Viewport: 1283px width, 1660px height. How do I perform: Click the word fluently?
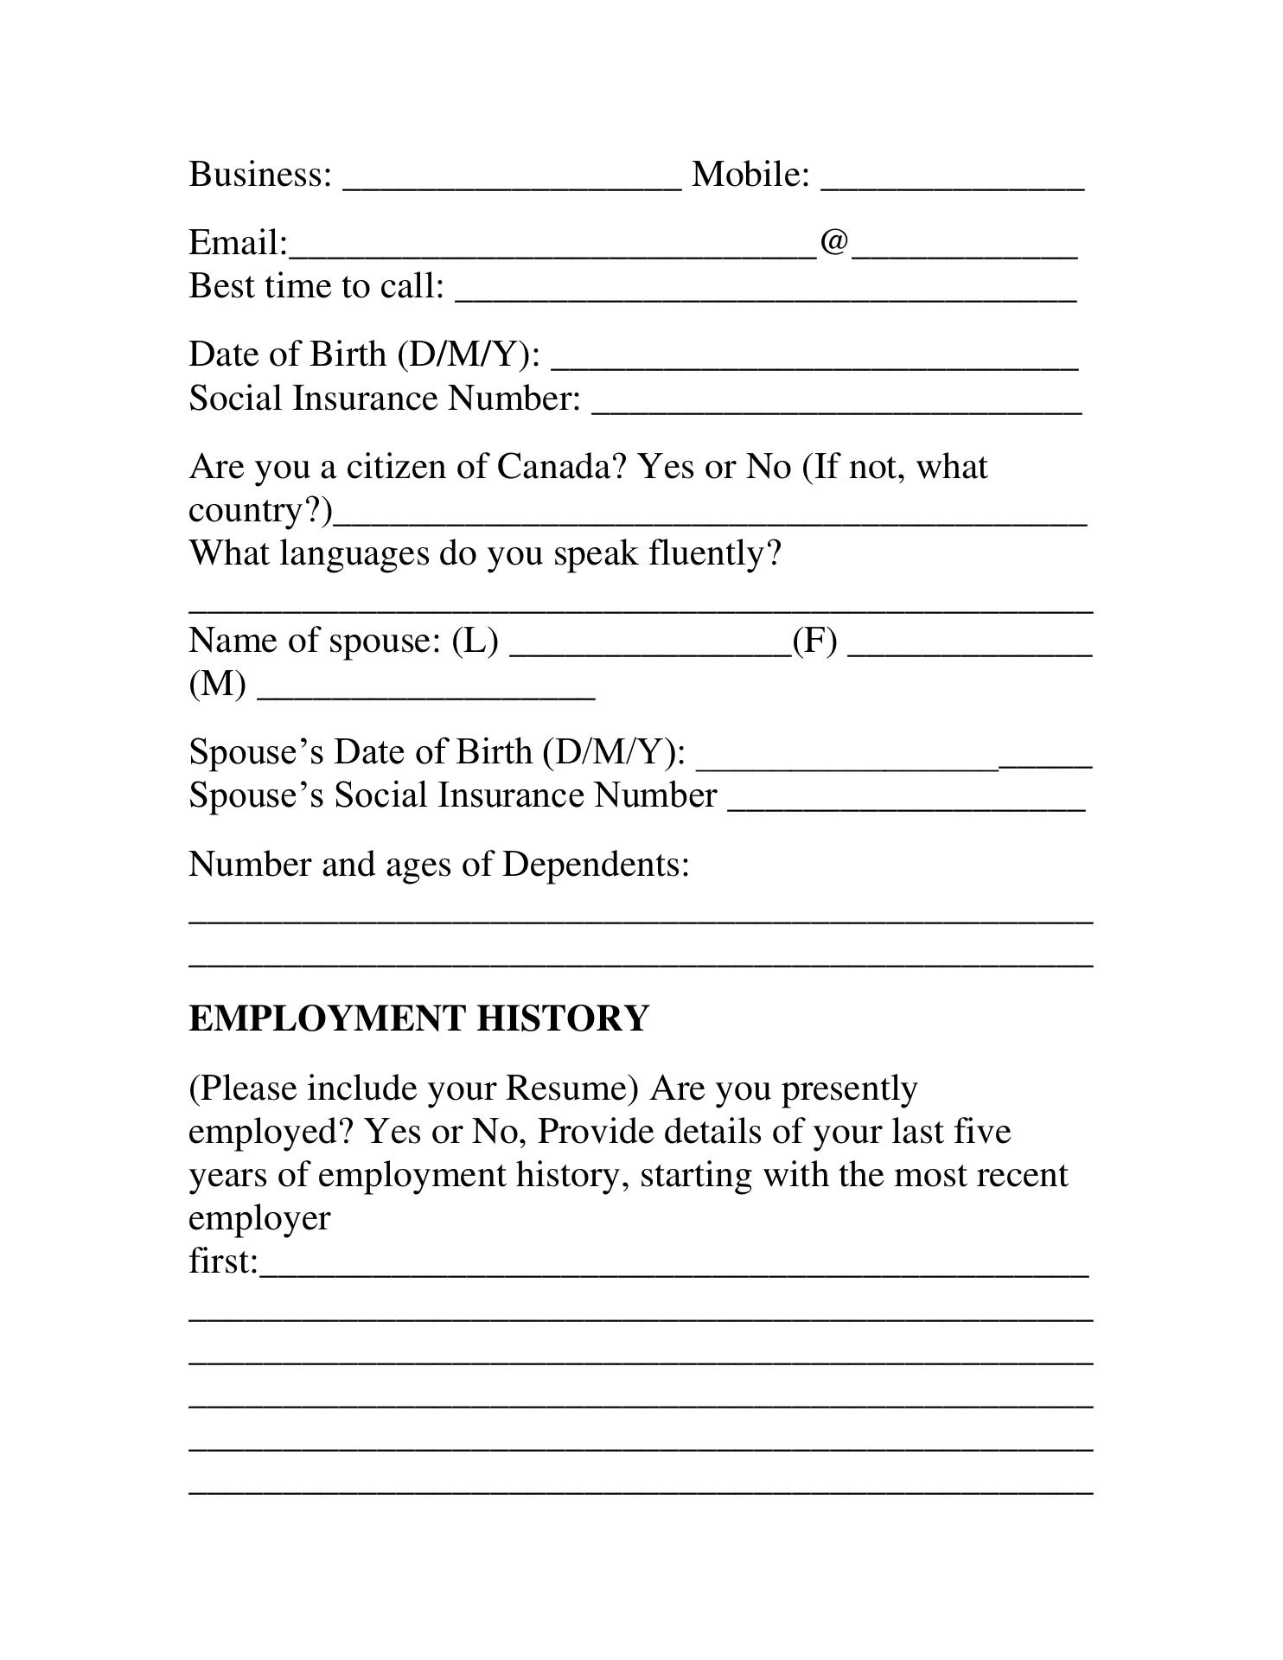tap(714, 553)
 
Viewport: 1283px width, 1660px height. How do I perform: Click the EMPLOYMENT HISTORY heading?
tap(418, 1018)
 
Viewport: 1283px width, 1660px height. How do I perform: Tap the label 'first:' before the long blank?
tap(223, 1261)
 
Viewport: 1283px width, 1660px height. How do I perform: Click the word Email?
tap(237, 243)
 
